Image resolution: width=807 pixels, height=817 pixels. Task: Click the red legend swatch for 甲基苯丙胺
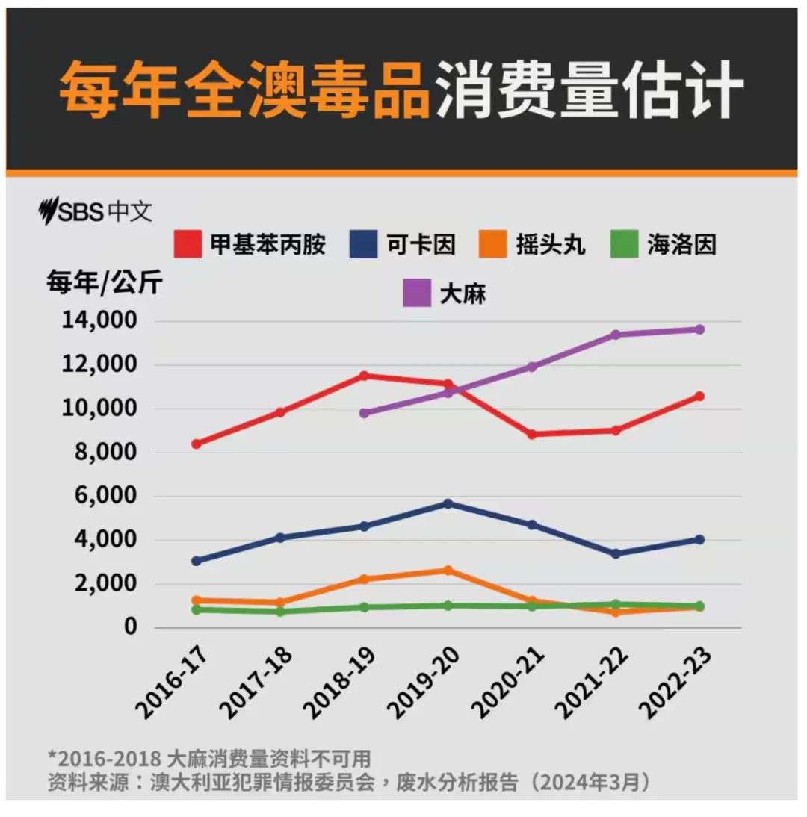coord(188,244)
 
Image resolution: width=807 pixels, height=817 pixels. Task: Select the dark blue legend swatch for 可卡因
coord(364,244)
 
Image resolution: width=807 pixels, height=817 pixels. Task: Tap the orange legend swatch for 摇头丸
coord(492,244)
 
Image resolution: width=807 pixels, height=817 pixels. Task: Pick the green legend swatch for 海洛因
coord(624,244)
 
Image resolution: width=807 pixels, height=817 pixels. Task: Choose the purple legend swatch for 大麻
coord(417,292)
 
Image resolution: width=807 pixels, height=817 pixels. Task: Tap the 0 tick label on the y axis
coord(131,627)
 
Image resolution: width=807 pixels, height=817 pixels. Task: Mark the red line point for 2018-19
coord(364,376)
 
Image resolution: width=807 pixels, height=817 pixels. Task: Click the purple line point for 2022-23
coord(699,329)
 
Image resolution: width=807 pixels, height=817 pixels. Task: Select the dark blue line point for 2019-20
coord(448,503)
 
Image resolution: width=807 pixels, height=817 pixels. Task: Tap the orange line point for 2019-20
coord(448,571)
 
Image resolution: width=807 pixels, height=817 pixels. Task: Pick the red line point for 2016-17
coord(196,444)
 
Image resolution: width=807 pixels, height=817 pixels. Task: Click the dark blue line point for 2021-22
coord(615,553)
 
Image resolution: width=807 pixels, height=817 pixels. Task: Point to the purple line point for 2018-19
coord(364,412)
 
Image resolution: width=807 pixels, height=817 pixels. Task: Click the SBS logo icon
coord(49,211)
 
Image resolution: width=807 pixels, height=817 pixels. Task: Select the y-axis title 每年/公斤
coord(104,284)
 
